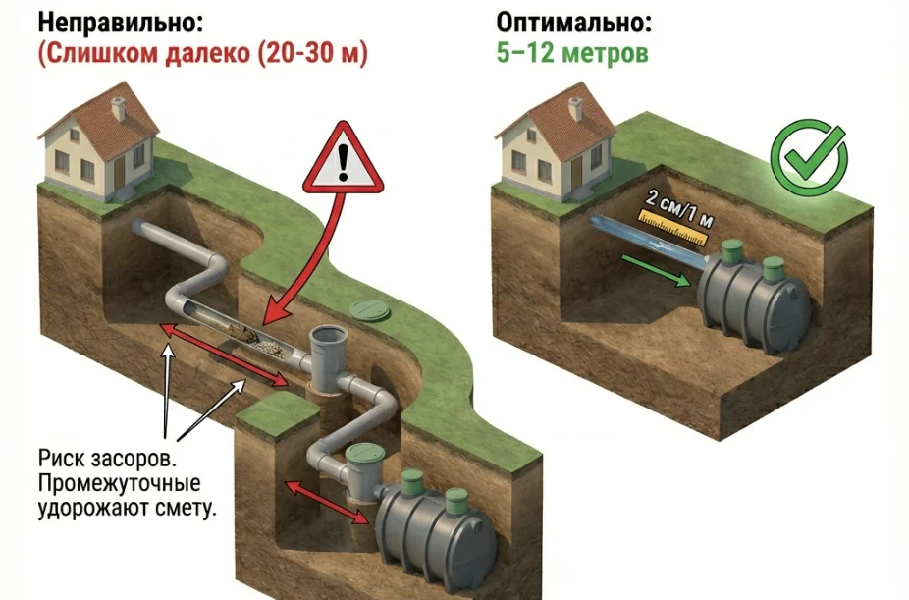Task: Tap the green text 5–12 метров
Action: pyautogui.click(x=571, y=53)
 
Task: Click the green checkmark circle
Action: pyautogui.click(x=808, y=154)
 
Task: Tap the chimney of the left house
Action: pyautogui.click(x=118, y=107)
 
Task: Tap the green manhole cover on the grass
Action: pyautogui.click(x=369, y=311)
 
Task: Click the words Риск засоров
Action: pyautogui.click(x=108, y=460)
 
